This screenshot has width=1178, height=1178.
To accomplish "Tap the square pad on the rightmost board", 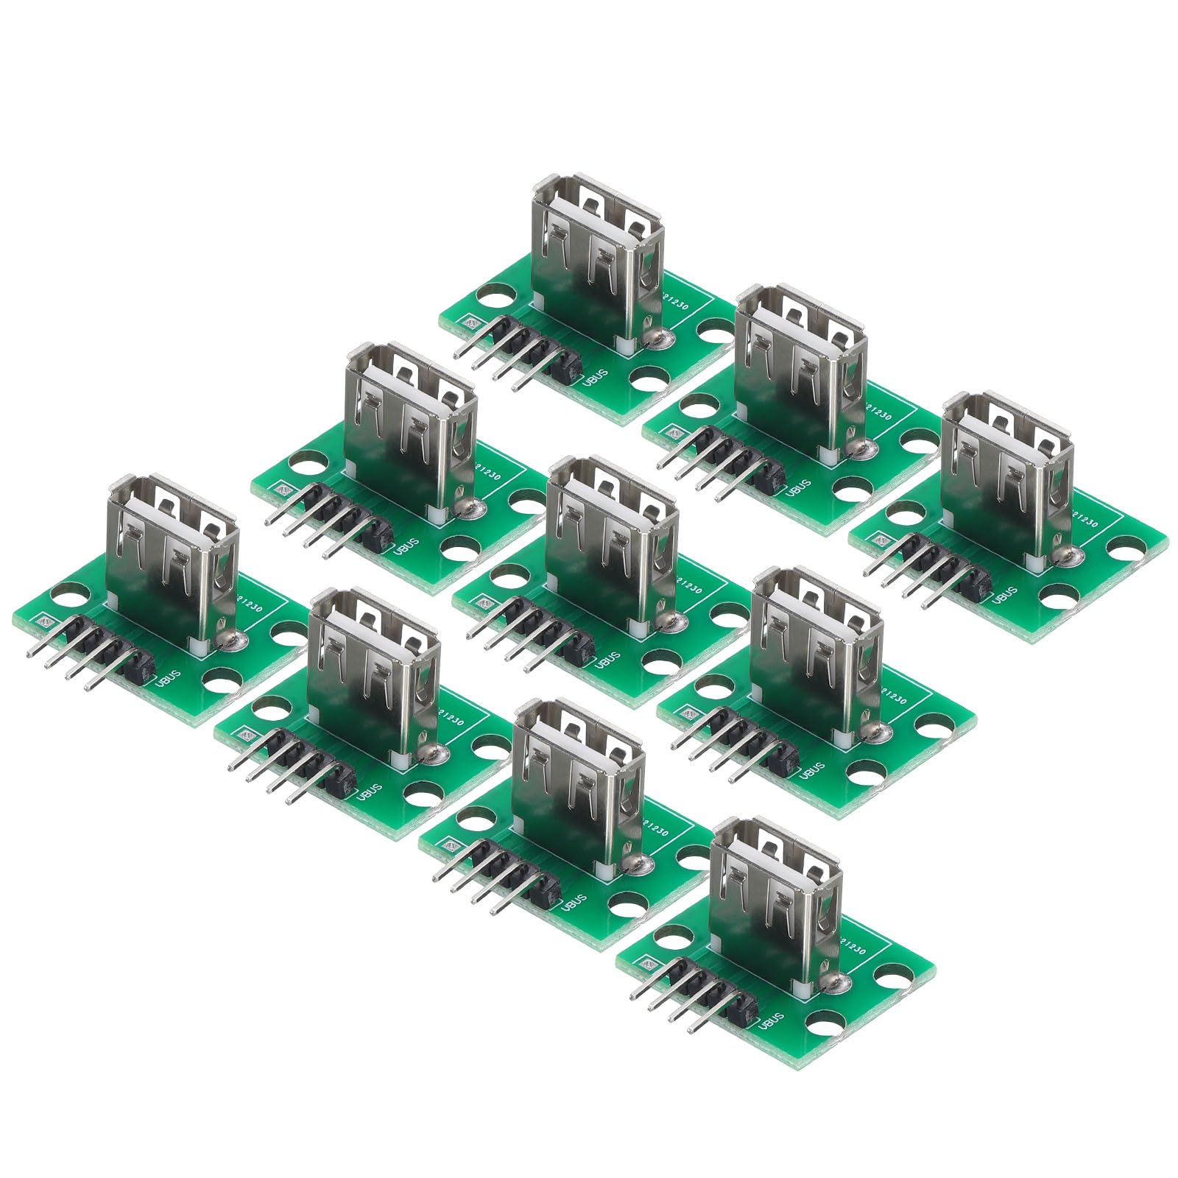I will (x=879, y=537).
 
